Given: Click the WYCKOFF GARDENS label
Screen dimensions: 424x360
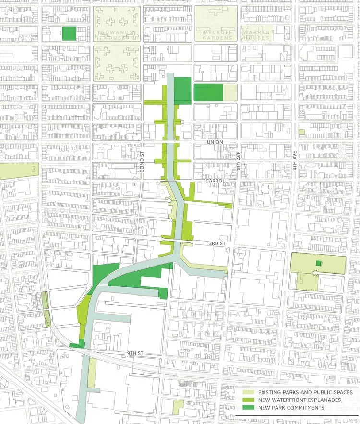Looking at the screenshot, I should (x=216, y=35).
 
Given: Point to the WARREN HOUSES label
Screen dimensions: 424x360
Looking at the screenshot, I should (x=256, y=37).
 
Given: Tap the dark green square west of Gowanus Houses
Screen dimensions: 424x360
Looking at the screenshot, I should (x=69, y=33).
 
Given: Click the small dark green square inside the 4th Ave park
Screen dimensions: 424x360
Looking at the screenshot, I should (x=318, y=263).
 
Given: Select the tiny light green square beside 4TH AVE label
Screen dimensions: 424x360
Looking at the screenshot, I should (x=301, y=132).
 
